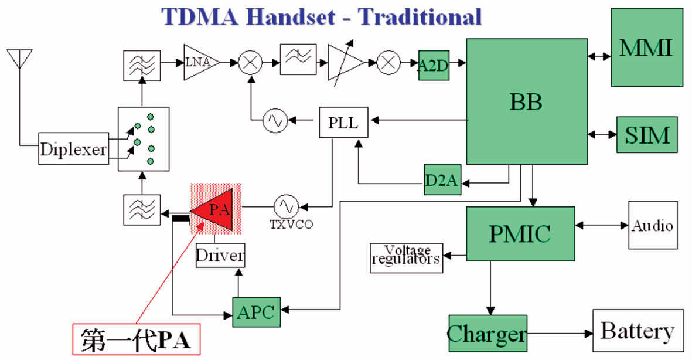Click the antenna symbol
19,59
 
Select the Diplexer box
73,149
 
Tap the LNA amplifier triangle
201,62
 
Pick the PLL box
343,122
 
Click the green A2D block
434,65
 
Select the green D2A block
442,180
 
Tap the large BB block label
526,103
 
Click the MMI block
646,47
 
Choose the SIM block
647,135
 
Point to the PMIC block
520,234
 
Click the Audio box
653,225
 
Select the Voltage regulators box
407,258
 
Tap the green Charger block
488,334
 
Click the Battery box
638,331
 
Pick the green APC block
257,313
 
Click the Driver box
220,255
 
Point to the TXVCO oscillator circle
286,207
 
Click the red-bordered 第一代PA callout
137,339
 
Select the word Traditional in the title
420,17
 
